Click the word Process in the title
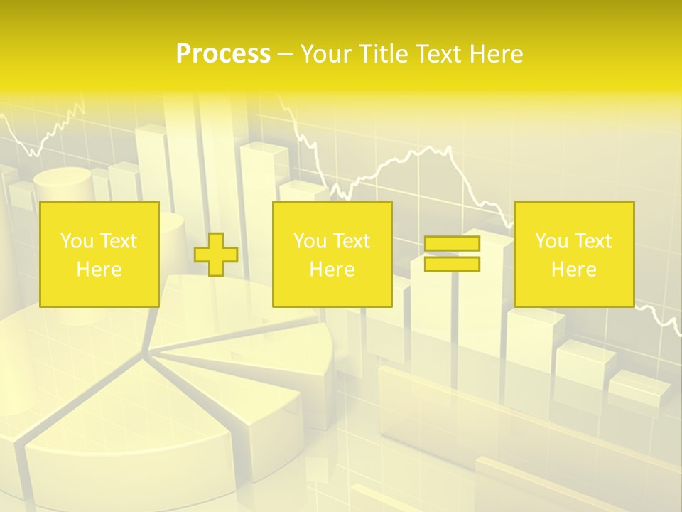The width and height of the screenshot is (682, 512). (223, 54)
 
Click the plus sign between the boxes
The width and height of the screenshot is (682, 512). (216, 255)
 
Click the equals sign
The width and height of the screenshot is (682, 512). (452, 254)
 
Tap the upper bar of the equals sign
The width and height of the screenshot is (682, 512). (452, 244)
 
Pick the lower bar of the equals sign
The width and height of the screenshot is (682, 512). (452, 264)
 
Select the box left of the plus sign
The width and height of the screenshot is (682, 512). (99, 254)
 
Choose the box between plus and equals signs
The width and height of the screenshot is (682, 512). (332, 254)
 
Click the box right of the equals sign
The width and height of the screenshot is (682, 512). (573, 254)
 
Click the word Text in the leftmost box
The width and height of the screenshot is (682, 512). (118, 241)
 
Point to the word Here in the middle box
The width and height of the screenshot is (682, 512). (332, 270)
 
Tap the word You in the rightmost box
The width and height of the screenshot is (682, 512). (551, 241)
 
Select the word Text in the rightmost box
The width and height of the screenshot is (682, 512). (592, 241)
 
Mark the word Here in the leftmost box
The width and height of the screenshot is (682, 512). (99, 270)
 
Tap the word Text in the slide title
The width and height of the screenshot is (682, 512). (435, 54)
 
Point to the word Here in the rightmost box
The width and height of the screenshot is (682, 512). (573, 270)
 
